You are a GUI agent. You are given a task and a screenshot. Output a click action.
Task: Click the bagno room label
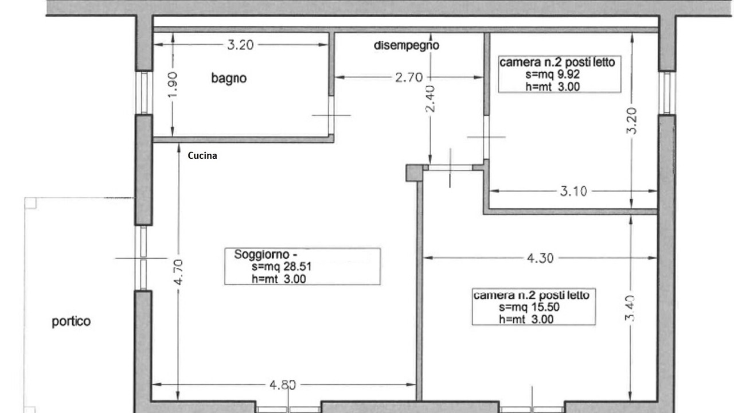(x=229, y=79)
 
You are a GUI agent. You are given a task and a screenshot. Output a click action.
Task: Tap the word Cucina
(x=202, y=155)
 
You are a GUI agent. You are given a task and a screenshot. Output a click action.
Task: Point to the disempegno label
(x=407, y=45)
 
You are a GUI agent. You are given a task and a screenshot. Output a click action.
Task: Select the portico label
(x=71, y=321)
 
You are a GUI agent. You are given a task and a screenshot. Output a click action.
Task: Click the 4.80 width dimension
(x=283, y=385)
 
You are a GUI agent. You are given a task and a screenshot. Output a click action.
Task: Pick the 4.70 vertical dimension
(x=178, y=272)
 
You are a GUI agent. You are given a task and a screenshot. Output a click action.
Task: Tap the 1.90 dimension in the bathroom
(x=173, y=84)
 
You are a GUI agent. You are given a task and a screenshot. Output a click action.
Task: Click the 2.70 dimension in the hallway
(x=409, y=77)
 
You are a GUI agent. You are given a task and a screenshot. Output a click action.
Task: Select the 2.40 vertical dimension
(x=430, y=99)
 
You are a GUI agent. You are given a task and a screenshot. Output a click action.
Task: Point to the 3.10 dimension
(x=573, y=191)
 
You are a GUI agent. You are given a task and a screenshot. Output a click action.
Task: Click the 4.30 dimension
(x=540, y=258)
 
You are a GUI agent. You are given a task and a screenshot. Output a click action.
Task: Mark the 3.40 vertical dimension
(x=630, y=308)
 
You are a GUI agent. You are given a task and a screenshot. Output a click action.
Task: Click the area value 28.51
(x=298, y=267)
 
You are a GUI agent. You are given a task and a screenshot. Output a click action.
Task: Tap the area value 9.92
(x=569, y=75)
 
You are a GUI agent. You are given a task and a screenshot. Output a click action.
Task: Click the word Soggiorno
(x=262, y=254)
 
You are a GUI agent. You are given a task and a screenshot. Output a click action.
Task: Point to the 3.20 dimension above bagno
(x=240, y=45)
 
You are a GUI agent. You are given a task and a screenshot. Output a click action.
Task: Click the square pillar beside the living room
(x=414, y=173)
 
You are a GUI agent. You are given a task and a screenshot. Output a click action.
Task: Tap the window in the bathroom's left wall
(x=144, y=93)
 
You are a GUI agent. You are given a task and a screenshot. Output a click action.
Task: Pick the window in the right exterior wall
(x=667, y=93)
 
